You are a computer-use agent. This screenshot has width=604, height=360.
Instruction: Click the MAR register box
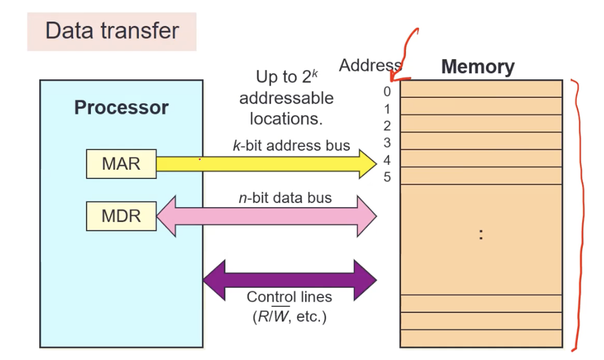(121, 164)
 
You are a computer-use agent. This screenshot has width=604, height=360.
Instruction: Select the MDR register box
(121, 216)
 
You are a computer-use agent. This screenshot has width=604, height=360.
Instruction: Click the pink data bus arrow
(266, 216)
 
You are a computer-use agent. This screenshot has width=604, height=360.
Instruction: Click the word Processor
(121, 108)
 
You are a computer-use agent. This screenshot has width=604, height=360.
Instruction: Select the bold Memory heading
(477, 67)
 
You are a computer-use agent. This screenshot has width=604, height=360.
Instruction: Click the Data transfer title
(112, 31)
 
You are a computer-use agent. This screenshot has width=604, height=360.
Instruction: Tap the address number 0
(387, 91)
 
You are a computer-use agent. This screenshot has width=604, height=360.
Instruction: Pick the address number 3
(387, 142)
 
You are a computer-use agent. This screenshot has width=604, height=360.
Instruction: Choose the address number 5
(387, 177)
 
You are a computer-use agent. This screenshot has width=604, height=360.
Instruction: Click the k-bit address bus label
(291, 145)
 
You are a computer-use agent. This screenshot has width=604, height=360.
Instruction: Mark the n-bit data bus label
(285, 198)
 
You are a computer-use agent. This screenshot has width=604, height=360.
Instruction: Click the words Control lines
(289, 297)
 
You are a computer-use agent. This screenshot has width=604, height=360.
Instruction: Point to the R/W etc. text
(289, 317)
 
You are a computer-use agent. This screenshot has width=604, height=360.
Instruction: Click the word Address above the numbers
(369, 65)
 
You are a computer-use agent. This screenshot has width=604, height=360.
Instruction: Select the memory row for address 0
(481, 89)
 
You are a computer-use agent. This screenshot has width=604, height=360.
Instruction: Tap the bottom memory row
(481, 338)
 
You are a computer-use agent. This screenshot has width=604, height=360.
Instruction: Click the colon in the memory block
(481, 234)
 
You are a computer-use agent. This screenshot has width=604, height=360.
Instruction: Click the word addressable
(286, 98)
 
